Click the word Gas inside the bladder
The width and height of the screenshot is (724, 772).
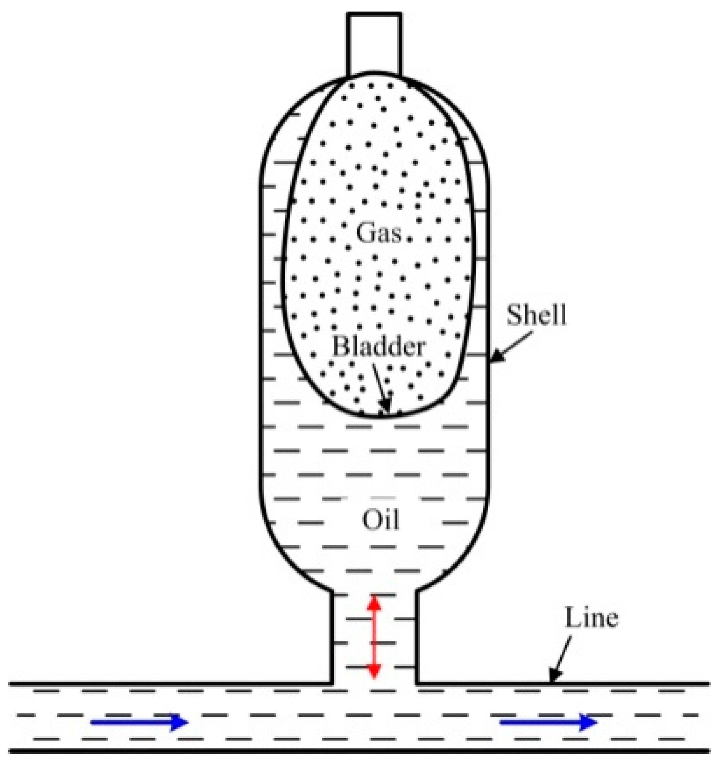pyautogui.click(x=378, y=233)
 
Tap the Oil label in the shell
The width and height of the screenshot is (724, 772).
pyautogui.click(x=380, y=520)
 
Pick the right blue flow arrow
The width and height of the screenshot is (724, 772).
pyautogui.click(x=548, y=722)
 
